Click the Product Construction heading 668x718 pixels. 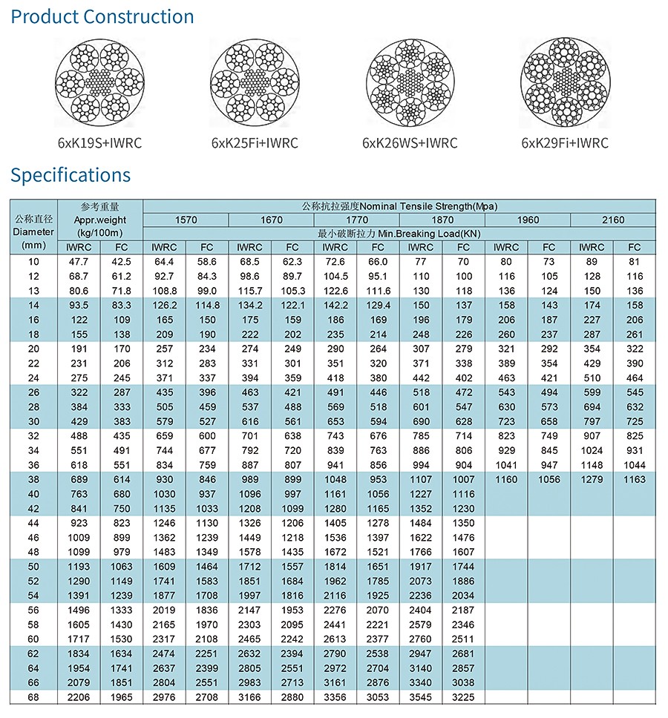(102, 17)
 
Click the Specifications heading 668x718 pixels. (71, 175)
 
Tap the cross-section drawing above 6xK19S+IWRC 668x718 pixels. (100, 82)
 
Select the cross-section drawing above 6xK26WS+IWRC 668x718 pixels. (410, 82)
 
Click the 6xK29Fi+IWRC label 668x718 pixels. (565, 143)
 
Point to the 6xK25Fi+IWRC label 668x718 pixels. (255, 143)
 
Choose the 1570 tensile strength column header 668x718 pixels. (186, 220)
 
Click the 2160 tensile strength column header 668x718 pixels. (613, 220)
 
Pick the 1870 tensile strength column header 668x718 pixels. (442, 220)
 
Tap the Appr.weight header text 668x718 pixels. (100, 220)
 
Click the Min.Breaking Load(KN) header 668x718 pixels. (399, 233)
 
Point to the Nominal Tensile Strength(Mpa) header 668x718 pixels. (399, 206)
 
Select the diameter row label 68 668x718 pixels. (33, 697)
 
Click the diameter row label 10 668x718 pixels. (33, 262)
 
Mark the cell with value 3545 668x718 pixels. (420, 697)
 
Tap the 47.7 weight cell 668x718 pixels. (79, 262)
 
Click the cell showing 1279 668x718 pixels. (592, 480)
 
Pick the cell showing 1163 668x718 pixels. (635, 480)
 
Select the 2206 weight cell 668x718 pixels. (79, 697)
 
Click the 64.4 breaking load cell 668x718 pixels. (164, 262)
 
